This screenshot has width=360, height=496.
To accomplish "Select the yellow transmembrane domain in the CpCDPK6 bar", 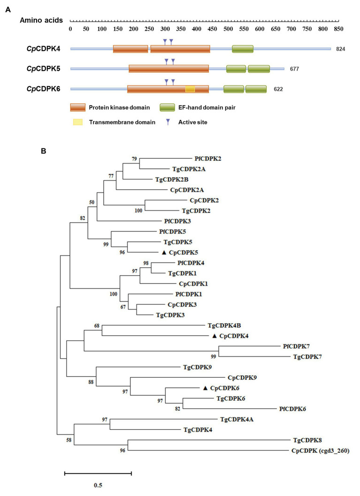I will pos(190,89).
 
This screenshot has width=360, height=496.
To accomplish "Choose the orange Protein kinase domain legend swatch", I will pos(77,108).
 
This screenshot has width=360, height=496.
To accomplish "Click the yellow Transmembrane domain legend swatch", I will pos(77,123).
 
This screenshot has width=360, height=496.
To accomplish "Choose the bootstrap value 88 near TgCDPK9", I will pos(91,382).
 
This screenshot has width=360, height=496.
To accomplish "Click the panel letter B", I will pos(43,151).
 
